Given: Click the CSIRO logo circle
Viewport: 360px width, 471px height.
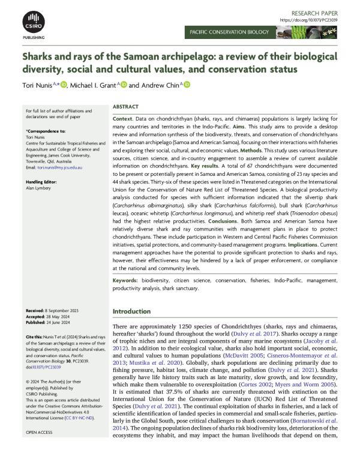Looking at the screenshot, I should pyautogui.click(x=33, y=21).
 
